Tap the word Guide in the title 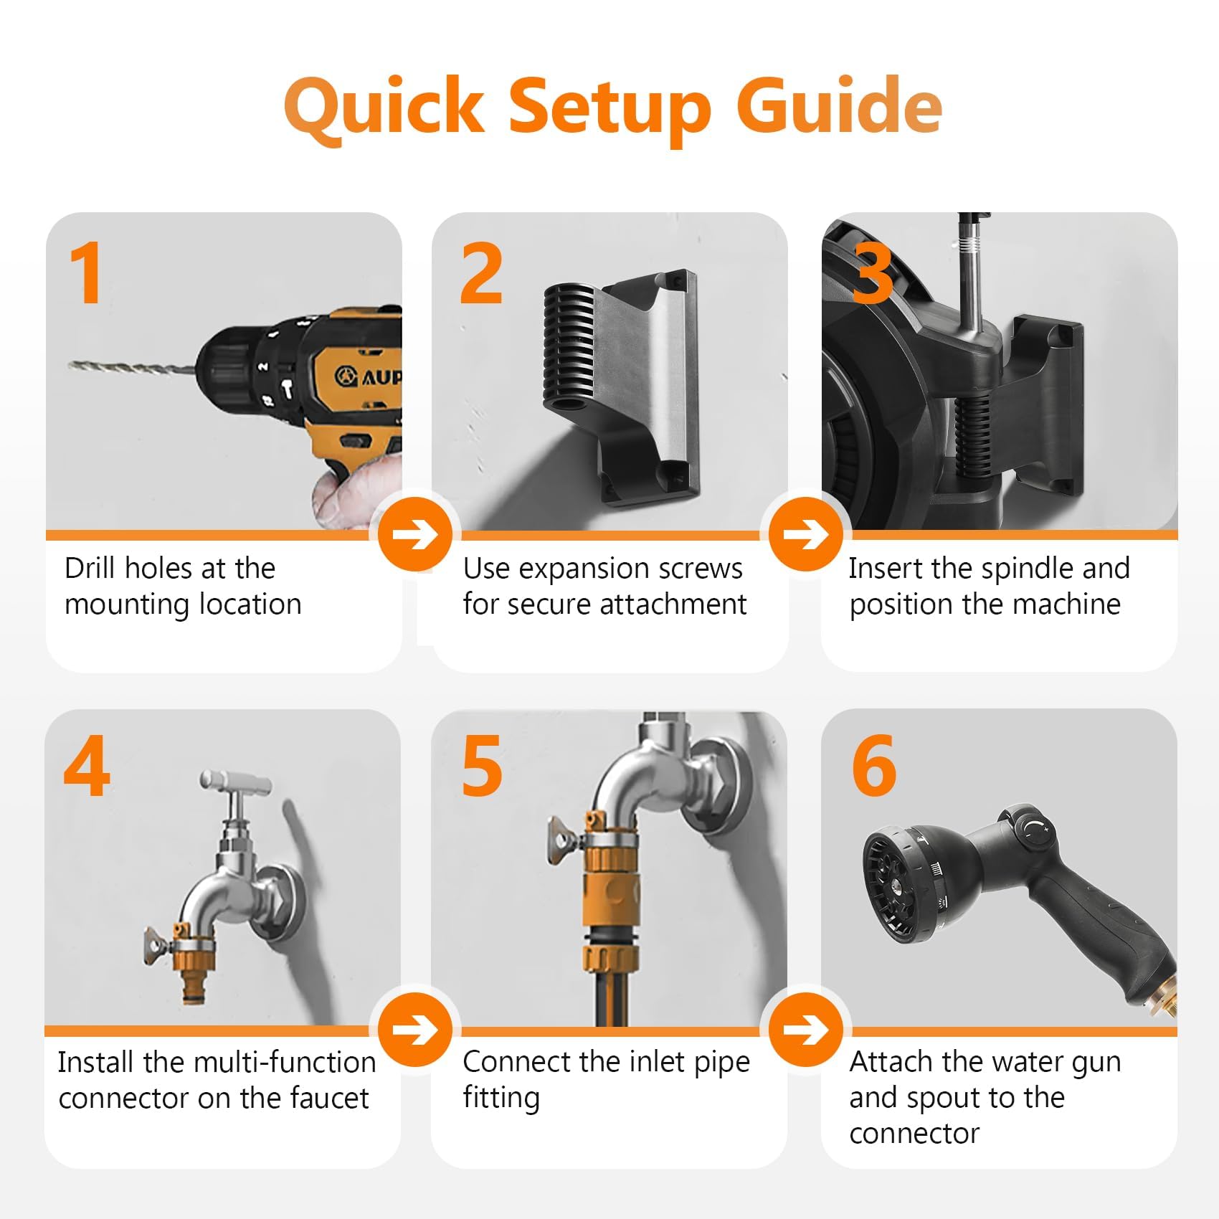[x=839, y=106]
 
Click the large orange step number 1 [x=87, y=273]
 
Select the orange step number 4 [x=87, y=766]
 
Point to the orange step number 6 [x=873, y=766]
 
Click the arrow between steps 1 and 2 [x=416, y=534]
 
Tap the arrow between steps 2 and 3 [x=806, y=534]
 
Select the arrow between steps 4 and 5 [x=416, y=1030]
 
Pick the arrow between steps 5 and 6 [x=806, y=1030]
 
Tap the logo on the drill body [x=347, y=375]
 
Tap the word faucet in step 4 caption [x=329, y=1097]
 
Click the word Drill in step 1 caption [x=90, y=568]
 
